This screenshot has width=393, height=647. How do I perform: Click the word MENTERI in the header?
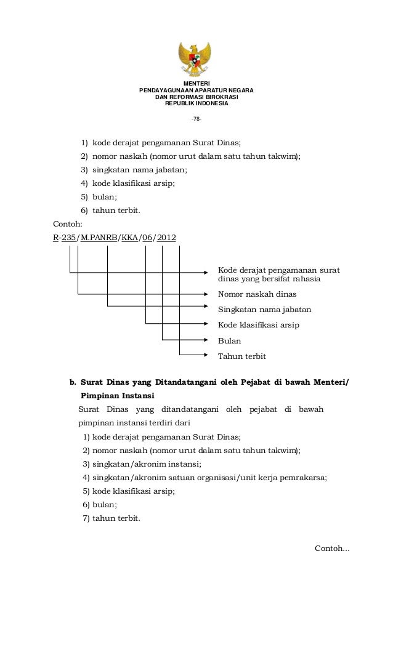click(x=197, y=84)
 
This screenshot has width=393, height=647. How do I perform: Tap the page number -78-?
click(x=196, y=119)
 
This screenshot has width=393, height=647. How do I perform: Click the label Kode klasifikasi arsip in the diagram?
click(x=259, y=324)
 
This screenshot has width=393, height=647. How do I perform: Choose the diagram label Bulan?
click(x=229, y=340)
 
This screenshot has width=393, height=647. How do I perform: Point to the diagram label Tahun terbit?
click(x=242, y=356)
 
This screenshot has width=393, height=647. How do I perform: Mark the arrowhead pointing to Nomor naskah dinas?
click(x=206, y=293)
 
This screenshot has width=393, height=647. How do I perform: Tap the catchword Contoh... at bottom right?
click(x=332, y=548)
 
